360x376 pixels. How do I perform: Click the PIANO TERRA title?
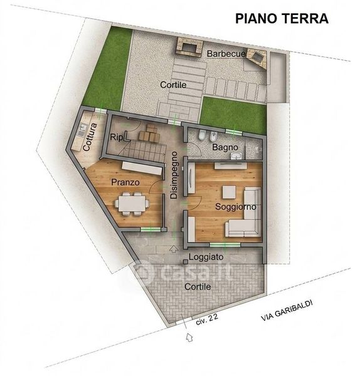(282, 18)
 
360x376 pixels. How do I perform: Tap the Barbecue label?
(226, 54)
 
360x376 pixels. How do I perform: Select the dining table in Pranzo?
(132, 204)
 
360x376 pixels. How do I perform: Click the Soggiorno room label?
(235, 207)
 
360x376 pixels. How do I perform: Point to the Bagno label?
(225, 147)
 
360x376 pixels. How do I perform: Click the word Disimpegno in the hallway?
(174, 175)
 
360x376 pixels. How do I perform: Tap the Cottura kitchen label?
(90, 137)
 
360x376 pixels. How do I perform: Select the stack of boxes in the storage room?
(149, 133)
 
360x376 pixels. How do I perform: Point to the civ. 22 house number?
(207, 319)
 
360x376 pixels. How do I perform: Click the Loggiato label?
(206, 257)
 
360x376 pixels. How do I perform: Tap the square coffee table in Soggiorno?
(229, 192)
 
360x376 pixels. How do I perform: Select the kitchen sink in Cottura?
(83, 129)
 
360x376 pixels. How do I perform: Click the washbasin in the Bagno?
(236, 156)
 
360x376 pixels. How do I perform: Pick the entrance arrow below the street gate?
(189, 337)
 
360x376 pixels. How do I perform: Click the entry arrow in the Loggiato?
(174, 249)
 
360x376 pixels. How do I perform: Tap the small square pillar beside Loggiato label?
(186, 262)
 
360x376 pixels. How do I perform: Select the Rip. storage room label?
(117, 137)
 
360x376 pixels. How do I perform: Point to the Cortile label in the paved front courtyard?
(198, 286)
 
